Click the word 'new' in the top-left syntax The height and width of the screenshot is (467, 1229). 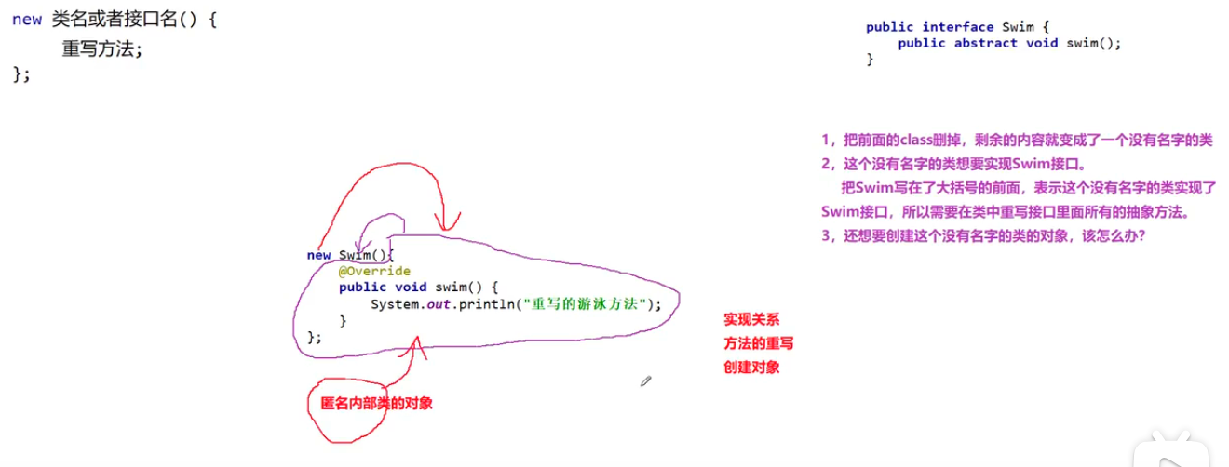click(x=26, y=20)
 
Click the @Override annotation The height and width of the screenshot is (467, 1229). click(x=374, y=271)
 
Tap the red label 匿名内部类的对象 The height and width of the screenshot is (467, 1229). click(x=376, y=403)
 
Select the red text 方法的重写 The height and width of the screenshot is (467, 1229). click(x=758, y=343)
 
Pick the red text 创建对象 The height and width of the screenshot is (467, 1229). click(x=751, y=367)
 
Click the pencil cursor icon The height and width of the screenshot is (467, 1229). click(x=645, y=380)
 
